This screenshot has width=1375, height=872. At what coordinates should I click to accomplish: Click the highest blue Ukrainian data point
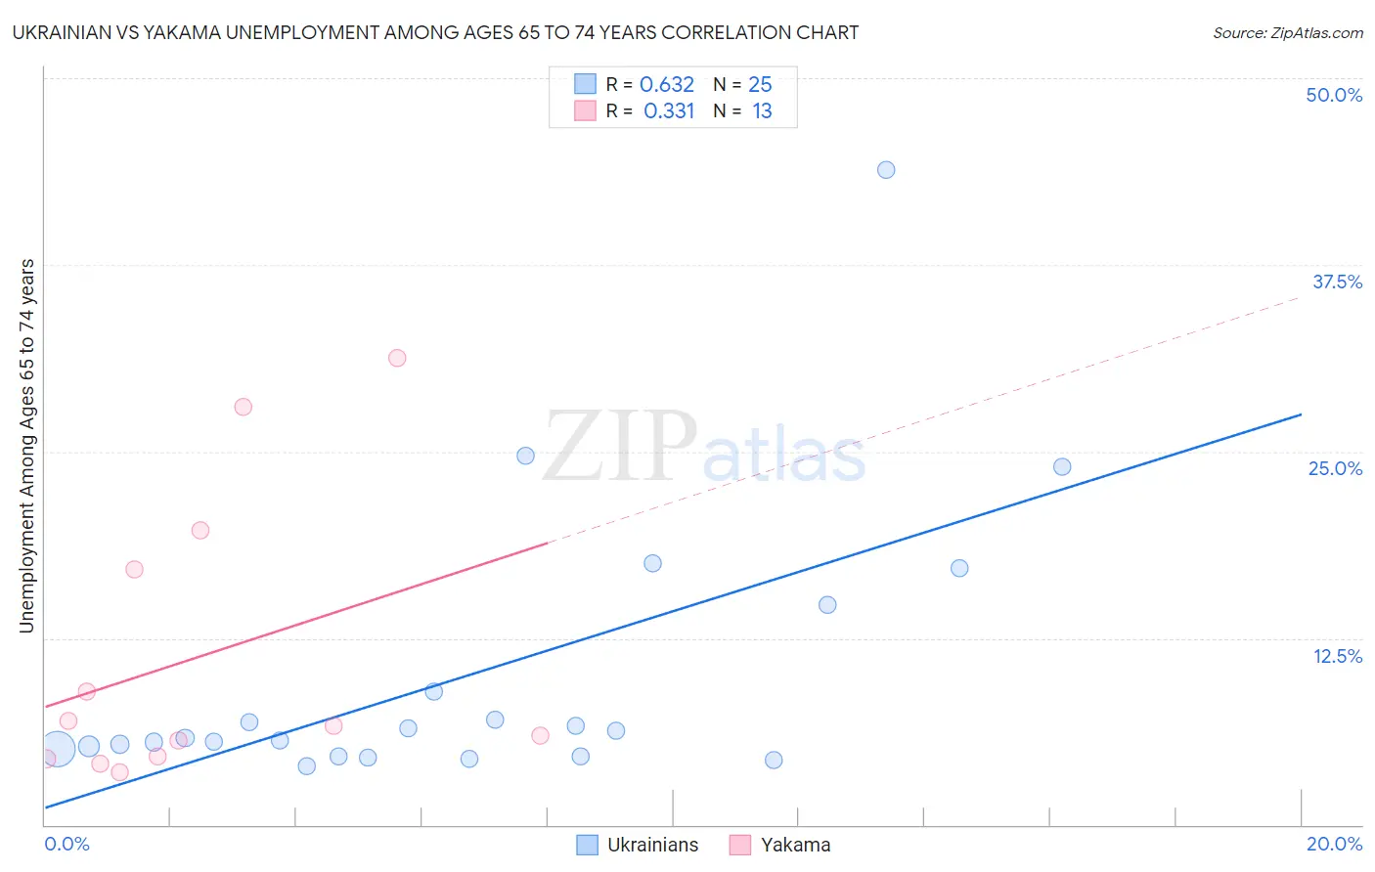coord(886,170)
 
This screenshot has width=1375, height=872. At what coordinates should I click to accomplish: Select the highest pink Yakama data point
coord(397,358)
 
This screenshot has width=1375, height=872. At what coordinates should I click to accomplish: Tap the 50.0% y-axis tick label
coord(1334,95)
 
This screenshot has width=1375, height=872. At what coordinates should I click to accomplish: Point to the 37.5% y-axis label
coord(1337,282)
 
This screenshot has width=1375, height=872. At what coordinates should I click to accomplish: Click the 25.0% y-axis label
coord(1335,468)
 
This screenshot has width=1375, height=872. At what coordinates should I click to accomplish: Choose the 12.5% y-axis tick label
coord(1337,656)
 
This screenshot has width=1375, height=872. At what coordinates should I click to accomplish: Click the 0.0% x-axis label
coord(67,844)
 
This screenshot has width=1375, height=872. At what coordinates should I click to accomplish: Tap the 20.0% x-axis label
coord(1334,844)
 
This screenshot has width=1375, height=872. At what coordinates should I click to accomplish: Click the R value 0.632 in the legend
coord(667,85)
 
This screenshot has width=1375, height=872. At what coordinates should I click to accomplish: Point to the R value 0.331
coord(669,111)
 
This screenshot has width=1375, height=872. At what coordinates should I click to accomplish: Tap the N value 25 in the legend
coord(760,85)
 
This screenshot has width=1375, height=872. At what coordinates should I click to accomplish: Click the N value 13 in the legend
coord(762,111)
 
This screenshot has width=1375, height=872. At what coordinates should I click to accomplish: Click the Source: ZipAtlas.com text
coord(1287,33)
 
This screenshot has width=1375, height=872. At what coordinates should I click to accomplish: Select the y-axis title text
coord(27,446)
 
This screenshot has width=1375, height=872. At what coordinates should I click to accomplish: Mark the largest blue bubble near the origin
coord(57,749)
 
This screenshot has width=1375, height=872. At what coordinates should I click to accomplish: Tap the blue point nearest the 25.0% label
coord(1062,467)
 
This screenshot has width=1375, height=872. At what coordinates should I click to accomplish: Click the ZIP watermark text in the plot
coord(620,448)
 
